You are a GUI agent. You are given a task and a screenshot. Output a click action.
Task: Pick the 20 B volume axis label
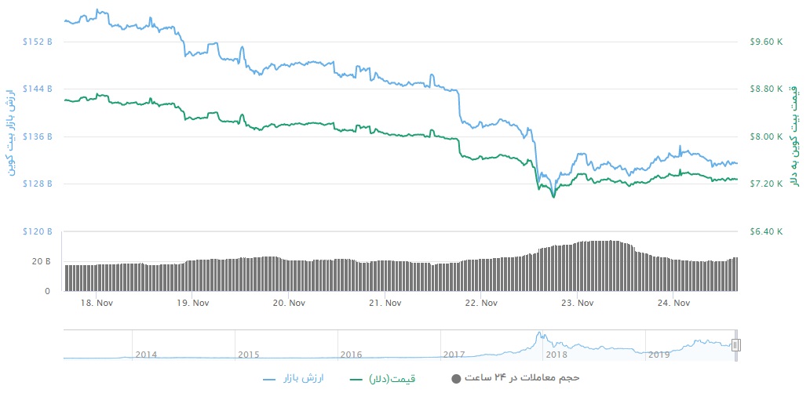(42, 260)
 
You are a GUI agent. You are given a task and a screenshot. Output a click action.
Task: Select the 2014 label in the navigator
(145, 355)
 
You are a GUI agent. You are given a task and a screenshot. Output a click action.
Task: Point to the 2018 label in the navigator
(556, 355)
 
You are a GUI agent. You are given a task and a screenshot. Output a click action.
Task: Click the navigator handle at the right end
(736, 345)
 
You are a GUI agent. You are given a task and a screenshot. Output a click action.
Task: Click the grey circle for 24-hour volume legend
(456, 379)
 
